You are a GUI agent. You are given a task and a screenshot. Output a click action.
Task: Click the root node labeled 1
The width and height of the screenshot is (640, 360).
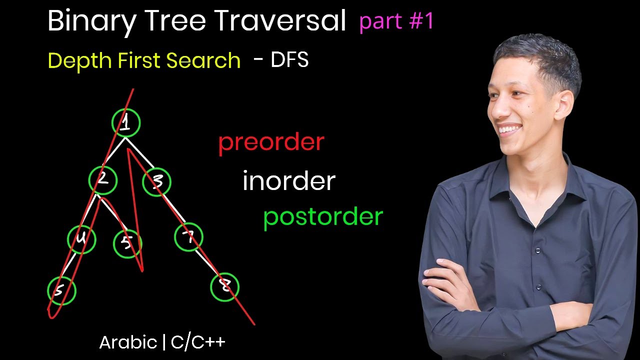click(x=126, y=123)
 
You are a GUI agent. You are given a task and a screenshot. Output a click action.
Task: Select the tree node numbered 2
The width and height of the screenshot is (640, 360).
click(x=103, y=180)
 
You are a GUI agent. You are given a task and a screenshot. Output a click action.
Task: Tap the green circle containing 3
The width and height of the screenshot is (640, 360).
click(x=156, y=182)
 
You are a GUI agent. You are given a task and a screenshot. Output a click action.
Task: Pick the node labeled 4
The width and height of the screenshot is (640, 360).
click(x=81, y=239)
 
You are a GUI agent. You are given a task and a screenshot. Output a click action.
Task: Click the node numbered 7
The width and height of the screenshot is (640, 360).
click(x=188, y=237)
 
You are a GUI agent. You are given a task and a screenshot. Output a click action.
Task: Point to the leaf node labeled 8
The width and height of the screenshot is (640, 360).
click(x=225, y=287)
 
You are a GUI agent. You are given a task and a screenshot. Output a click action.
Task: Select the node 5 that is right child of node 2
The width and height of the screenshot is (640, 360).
click(x=127, y=243)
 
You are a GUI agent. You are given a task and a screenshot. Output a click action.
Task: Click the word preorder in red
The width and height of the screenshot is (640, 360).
click(x=271, y=142)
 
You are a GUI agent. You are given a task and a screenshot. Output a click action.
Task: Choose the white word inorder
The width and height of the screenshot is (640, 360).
click(x=288, y=181)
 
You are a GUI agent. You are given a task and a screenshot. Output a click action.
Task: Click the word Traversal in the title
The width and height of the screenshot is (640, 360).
click(x=280, y=21)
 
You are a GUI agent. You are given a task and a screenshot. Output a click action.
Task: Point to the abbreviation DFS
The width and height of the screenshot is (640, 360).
click(x=289, y=60)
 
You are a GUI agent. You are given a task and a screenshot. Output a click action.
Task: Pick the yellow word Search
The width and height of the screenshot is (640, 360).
click(x=203, y=61)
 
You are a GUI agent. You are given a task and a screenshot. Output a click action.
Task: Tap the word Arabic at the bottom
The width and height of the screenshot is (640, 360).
click(x=128, y=342)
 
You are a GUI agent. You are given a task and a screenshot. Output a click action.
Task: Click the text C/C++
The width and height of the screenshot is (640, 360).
click(x=198, y=342)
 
